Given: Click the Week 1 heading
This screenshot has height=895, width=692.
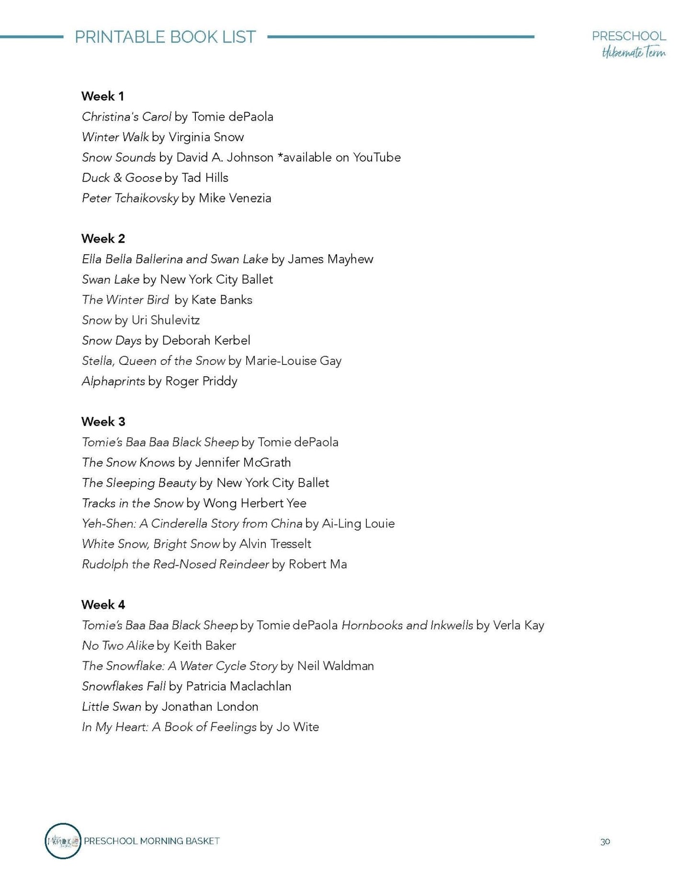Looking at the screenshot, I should tap(102, 96).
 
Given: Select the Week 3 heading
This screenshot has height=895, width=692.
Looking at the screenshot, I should tap(103, 421).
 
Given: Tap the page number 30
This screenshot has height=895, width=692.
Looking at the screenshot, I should tap(605, 841).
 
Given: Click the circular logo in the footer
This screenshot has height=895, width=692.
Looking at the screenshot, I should tap(63, 841).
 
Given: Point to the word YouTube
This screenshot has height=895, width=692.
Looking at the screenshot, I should tap(376, 158).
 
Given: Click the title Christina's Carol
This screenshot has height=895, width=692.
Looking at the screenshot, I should tap(126, 117).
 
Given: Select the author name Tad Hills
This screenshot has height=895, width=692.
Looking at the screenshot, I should tap(205, 178).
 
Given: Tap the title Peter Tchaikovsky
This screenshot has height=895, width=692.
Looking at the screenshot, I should tap(130, 198).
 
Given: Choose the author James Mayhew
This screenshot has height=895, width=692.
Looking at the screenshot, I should tap(330, 259).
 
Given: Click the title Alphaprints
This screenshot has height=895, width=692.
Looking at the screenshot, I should tap(113, 381).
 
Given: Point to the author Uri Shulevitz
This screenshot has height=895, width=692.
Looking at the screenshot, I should tap(166, 320).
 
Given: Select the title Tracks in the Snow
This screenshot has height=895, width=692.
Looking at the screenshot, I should tap(133, 503).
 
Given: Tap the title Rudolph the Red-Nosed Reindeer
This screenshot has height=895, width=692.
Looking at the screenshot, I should tap(175, 564).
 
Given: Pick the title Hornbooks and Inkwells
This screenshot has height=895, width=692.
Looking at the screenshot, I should tap(407, 625).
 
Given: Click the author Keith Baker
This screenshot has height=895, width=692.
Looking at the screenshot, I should tap(204, 646).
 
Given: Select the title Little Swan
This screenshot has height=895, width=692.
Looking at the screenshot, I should tap(112, 707).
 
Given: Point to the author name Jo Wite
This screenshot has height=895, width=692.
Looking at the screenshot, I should tap(297, 727).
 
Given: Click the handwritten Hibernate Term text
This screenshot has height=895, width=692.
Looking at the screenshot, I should tap(633, 52).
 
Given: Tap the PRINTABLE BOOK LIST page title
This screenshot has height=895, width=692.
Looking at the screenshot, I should tap(165, 37).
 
